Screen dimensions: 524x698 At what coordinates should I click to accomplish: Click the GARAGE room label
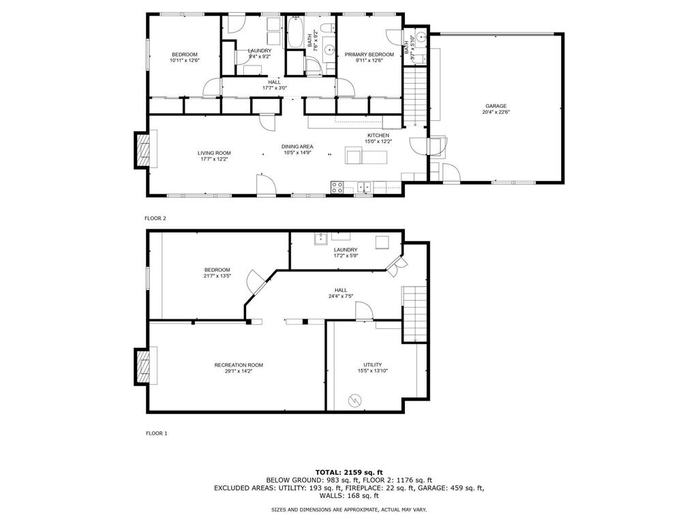click(x=496, y=106)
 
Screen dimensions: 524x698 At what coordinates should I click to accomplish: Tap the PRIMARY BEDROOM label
click(x=369, y=55)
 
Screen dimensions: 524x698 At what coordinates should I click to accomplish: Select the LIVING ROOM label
click(x=214, y=153)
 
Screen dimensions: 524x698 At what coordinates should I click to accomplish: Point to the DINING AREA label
click(x=297, y=147)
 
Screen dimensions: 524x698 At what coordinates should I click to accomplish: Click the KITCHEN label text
click(x=378, y=136)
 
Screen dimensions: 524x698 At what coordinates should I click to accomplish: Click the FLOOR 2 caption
click(x=155, y=218)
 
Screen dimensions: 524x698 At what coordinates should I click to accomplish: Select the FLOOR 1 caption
click(x=156, y=433)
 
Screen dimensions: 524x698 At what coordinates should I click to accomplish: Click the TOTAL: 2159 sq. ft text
click(x=348, y=472)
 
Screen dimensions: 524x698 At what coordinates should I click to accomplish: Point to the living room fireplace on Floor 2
click(x=143, y=150)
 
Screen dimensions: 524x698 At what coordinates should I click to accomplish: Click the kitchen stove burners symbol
click(x=337, y=186)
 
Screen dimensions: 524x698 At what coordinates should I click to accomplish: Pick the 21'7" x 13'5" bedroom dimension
click(x=217, y=276)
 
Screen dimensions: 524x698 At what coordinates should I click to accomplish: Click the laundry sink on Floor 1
click(x=320, y=238)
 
